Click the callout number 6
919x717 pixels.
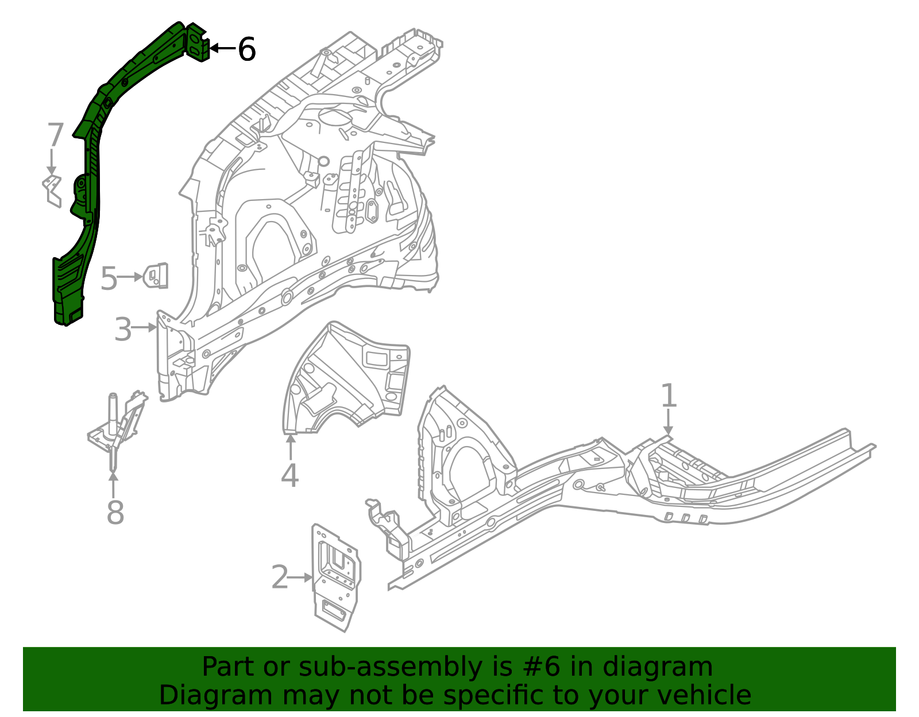pos(246,49)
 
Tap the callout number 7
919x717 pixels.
pos(55,135)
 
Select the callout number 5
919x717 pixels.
pos(109,279)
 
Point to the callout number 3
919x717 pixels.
pos(123,330)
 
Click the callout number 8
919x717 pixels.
pos(115,513)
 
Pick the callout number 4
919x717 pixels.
pos(290,476)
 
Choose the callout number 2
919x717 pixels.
pos(280,578)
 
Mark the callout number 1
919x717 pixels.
pos(669,396)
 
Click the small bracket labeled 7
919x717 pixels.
pos(52,191)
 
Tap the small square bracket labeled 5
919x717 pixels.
pos(156,276)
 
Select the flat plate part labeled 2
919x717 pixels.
pos(336,577)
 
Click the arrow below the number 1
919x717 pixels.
pos(668,423)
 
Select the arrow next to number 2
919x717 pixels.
pos(300,578)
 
